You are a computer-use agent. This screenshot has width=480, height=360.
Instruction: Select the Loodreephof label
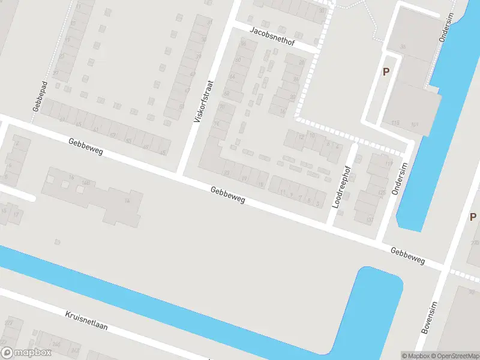click(340, 187)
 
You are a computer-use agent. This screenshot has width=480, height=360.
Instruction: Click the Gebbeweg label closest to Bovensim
click(407, 257)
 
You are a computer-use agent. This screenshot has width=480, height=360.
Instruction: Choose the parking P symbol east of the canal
click(473, 217)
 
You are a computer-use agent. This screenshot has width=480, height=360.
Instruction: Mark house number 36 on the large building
click(403, 46)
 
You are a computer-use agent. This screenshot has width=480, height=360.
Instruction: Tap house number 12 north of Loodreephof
click(302, 137)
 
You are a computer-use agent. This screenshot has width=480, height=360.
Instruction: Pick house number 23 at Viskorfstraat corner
click(226, 173)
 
